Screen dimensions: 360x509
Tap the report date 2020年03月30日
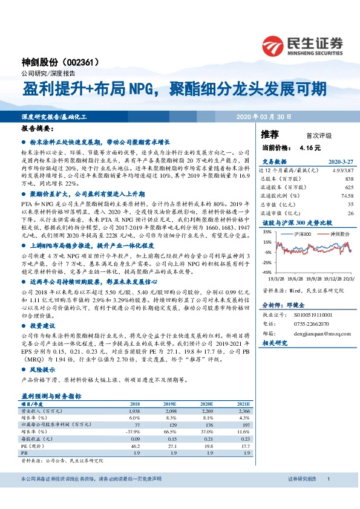click(264, 116)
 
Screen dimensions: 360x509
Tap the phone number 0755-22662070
click(310, 324)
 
